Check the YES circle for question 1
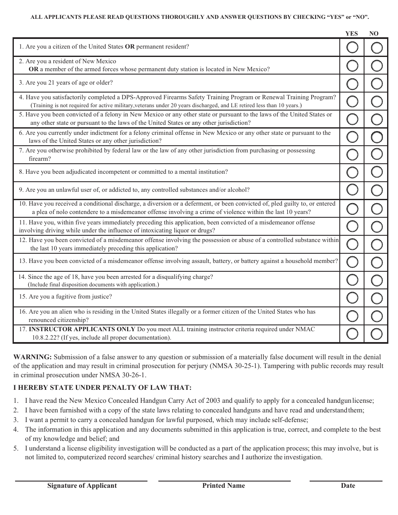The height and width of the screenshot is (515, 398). coord(352,47)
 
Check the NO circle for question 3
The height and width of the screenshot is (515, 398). coord(377,83)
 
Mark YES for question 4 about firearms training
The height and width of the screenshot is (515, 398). coord(352,101)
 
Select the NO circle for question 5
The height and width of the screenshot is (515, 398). coord(377,119)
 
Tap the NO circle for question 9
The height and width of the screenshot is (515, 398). coord(377,190)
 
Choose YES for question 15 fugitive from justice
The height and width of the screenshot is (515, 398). coord(352,298)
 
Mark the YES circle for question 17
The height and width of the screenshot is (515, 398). coord(352,334)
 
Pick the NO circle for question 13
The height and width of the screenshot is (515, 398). coord(377,262)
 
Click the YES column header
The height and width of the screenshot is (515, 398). coord(351,33)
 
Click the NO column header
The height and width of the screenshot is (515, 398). coord(374,33)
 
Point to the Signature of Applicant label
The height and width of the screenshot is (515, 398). coord(82,486)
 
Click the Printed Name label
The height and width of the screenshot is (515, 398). coord(224,486)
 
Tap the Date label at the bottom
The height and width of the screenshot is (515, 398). coord(348,486)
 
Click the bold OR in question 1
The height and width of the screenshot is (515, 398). coord(130,47)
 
